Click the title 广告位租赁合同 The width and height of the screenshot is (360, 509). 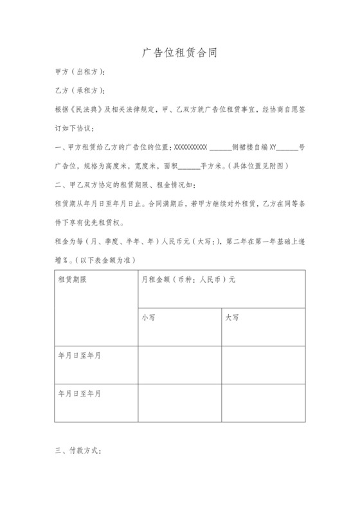[179, 53]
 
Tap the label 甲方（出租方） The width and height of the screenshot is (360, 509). [81, 72]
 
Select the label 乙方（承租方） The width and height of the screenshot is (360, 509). [81, 90]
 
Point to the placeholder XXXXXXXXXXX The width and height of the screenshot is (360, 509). [191, 147]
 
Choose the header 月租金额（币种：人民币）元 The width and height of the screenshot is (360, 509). [188, 280]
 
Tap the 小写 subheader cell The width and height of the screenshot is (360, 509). [148, 317]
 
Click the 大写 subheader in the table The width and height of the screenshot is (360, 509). [232, 317]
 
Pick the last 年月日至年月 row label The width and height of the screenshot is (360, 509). [80, 392]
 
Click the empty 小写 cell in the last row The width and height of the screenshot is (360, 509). [180, 403]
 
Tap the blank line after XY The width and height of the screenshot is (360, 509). [287, 147]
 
